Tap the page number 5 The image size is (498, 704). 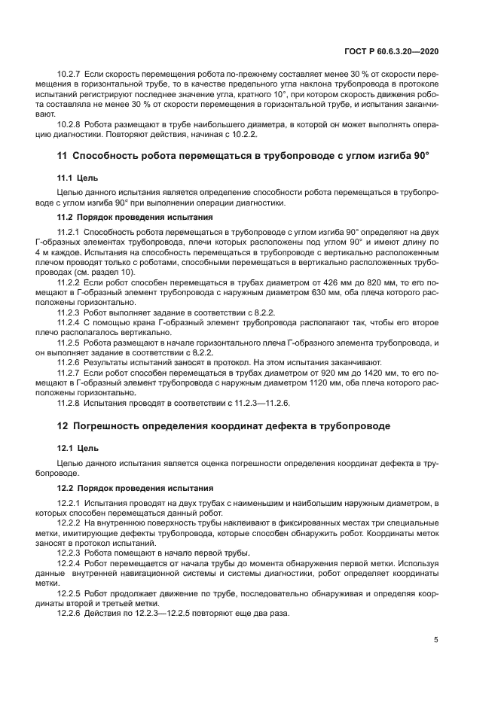pyautogui.click(x=436, y=640)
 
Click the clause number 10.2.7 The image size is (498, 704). pyautogui.click(x=69, y=77)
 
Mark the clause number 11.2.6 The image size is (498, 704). pyautogui.click(x=69, y=362)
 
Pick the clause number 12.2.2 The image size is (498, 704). pyautogui.click(x=69, y=522)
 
